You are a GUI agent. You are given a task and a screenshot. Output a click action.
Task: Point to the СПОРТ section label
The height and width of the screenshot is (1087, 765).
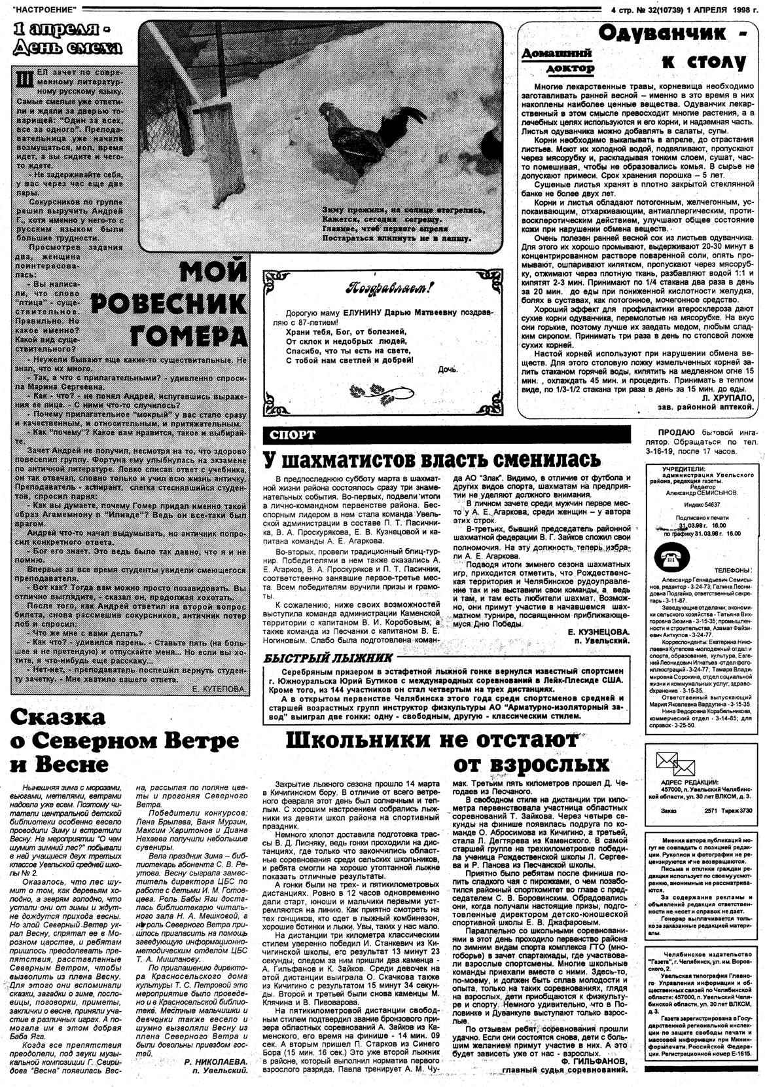pyautogui.click(x=291, y=434)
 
